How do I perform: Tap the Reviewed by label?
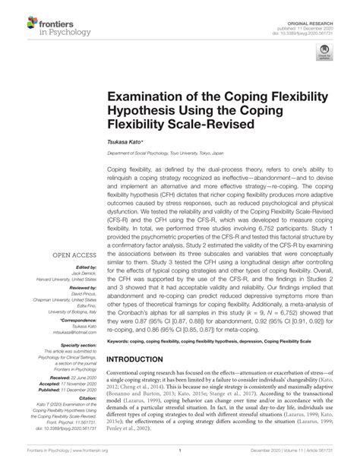pos(77,247)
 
